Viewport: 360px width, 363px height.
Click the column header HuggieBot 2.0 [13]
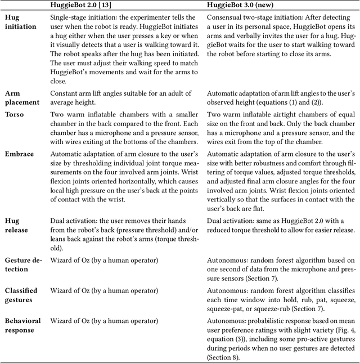(x=82, y=5)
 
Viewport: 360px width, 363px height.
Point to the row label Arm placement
(x=22, y=97)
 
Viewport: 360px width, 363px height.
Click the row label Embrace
(x=20, y=154)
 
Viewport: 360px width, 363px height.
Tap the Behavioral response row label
(x=23, y=325)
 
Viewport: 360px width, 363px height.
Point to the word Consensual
(x=226, y=17)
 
